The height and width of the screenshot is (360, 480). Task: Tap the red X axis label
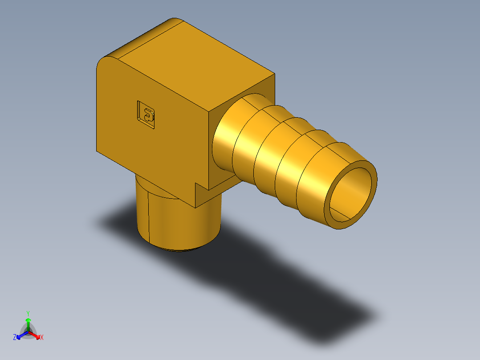42,338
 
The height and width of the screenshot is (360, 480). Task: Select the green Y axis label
28,313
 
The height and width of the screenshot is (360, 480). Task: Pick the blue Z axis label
15,338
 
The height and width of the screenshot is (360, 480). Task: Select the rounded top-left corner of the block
105,62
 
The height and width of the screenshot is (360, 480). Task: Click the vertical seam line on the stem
149,214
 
